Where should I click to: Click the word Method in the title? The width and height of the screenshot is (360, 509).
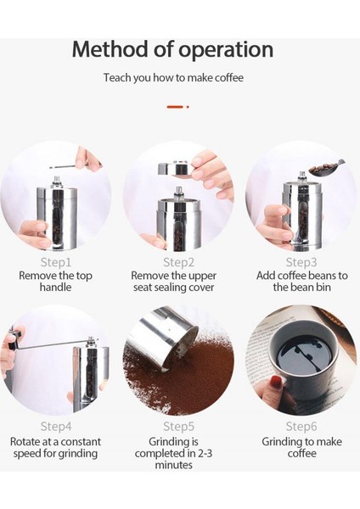110,49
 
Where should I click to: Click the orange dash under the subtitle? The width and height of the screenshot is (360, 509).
175,107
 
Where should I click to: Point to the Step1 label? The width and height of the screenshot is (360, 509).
55,262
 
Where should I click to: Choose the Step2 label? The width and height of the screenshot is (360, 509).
178,262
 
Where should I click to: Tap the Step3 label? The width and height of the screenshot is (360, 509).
301,262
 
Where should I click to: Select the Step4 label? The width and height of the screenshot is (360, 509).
55,426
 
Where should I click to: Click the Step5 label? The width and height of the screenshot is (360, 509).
178,426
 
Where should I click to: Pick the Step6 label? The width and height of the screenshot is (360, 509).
301,426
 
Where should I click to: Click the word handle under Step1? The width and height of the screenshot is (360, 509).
55,287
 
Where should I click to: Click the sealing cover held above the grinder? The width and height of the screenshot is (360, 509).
175,169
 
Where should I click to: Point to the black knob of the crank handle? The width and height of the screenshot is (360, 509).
14,339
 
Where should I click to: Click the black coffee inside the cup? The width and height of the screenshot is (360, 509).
305,353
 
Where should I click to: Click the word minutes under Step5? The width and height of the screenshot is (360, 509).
173,465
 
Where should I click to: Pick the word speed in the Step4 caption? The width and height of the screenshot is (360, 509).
27,454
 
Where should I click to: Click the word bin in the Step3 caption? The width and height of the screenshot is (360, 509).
323,287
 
